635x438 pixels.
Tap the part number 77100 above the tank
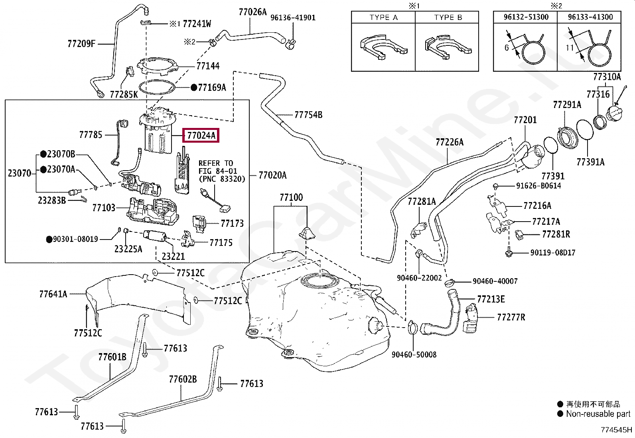click(x=291, y=197)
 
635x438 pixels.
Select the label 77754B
click(x=308, y=115)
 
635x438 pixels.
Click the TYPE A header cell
click(x=383, y=18)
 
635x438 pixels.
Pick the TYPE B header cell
click(x=448, y=18)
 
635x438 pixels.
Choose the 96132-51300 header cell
click(x=526, y=17)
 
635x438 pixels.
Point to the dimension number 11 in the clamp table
click(x=570, y=47)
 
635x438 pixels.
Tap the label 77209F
click(x=81, y=43)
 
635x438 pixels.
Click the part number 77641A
click(x=53, y=294)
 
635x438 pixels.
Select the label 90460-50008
click(x=414, y=354)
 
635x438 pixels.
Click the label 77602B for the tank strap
click(x=183, y=379)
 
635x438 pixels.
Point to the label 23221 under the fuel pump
click(x=173, y=256)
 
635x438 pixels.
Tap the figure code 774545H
click(x=617, y=430)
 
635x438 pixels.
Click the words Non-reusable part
click(x=598, y=414)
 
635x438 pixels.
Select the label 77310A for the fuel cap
click(x=607, y=77)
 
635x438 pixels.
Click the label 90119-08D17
click(x=552, y=253)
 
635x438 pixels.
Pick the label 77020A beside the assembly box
click(x=272, y=175)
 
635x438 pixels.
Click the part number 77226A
click(x=450, y=142)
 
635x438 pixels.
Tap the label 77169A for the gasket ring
click(x=212, y=87)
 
